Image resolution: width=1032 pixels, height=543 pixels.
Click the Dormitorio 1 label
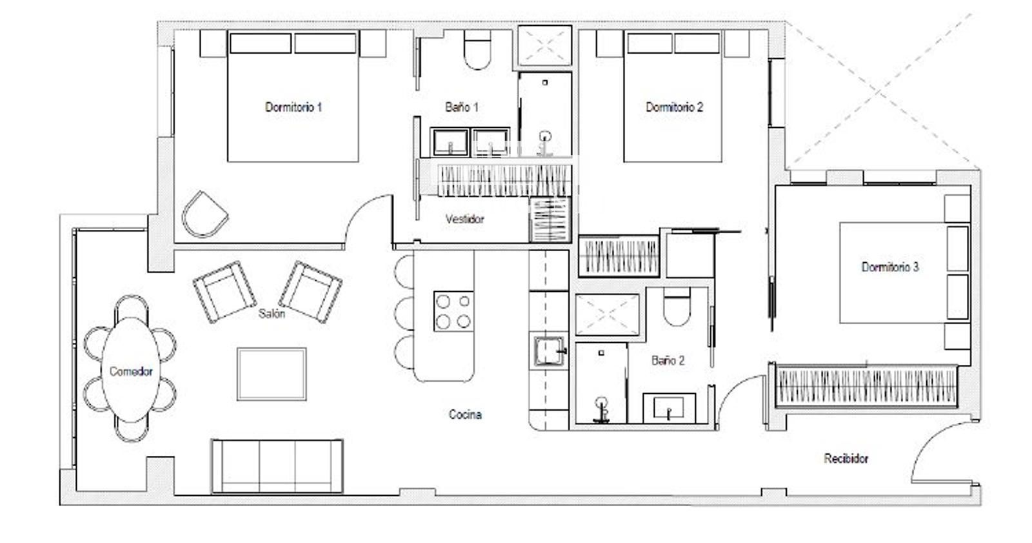coord(293,107)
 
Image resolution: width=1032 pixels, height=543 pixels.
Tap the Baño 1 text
coord(462,107)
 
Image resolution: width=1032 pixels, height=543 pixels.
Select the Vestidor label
coord(464,219)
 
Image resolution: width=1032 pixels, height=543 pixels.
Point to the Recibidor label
coord(846,458)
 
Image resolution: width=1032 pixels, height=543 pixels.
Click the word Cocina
coord(465,415)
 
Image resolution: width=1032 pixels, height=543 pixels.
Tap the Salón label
coord(272,314)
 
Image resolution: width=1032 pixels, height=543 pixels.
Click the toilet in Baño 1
coord(477,50)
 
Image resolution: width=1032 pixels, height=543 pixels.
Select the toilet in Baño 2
coord(677,306)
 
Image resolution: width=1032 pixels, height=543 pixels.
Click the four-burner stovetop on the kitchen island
coord(453,311)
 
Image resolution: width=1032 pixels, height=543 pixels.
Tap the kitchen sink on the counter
coord(549,351)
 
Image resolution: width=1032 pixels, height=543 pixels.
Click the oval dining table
coord(131,369)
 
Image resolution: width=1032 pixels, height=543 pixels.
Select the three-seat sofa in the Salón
coord(277,466)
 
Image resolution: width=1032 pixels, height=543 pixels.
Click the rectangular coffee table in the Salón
coord(272,374)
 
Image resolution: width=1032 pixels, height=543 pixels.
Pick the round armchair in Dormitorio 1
coord(204,214)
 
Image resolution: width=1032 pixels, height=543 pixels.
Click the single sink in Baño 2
coord(669,408)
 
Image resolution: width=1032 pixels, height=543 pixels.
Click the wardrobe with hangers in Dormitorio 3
coord(866,387)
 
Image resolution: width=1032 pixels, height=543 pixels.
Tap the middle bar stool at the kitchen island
coord(404,313)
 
